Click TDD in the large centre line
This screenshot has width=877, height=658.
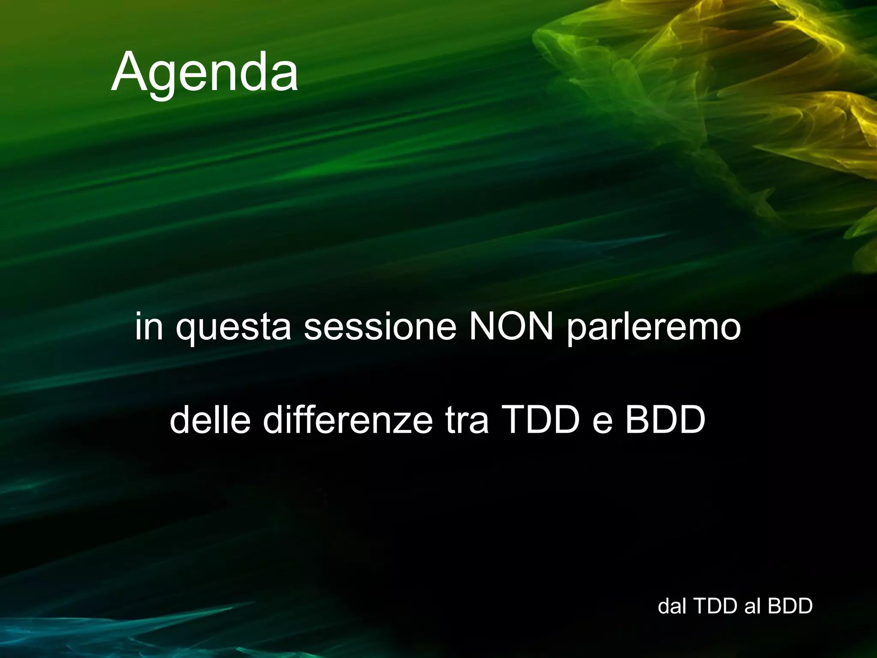click(540, 420)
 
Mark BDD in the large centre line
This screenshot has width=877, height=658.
click(665, 420)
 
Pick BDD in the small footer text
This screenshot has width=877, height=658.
click(790, 606)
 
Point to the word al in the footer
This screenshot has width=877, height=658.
click(752, 606)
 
